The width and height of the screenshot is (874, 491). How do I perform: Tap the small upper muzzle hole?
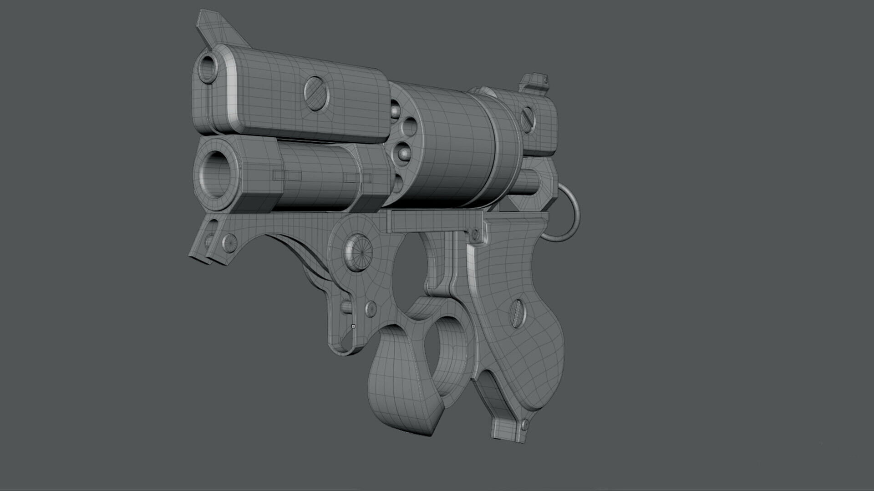click(209, 66)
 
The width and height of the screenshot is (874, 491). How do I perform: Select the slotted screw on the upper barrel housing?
click(317, 94)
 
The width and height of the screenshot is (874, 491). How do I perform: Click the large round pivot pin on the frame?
click(360, 252)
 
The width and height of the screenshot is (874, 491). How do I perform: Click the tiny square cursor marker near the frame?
click(353, 326)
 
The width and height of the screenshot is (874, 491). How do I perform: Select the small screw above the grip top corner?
click(475, 235)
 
